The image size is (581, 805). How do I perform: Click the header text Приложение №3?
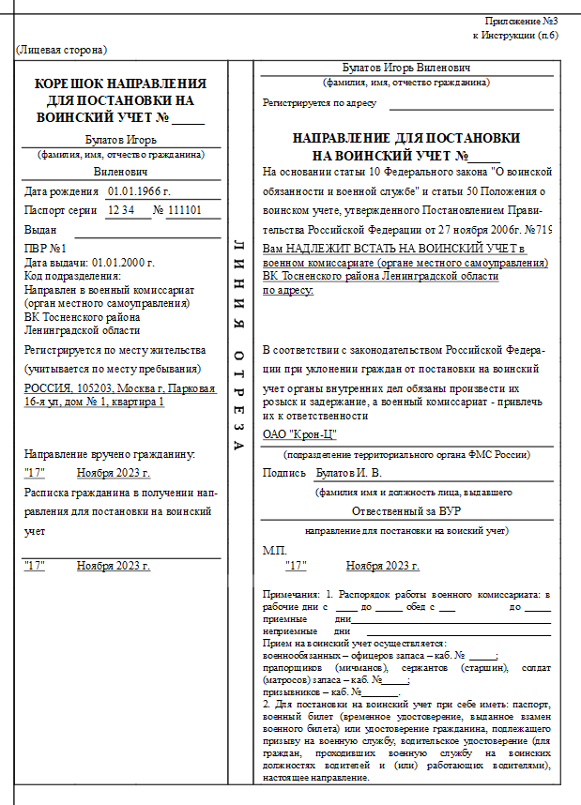[522, 21]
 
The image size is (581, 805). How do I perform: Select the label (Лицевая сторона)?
[61, 49]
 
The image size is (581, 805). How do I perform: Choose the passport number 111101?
[185, 210]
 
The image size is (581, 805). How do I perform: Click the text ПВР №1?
[44, 249]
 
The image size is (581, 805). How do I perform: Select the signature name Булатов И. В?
[348, 473]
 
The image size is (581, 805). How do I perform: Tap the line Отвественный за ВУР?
[405, 511]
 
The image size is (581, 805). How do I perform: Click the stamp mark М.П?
[274, 550]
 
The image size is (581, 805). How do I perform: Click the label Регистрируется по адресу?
[319, 103]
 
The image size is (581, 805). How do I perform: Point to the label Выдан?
[40, 229]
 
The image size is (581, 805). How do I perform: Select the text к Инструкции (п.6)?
[515, 35]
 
